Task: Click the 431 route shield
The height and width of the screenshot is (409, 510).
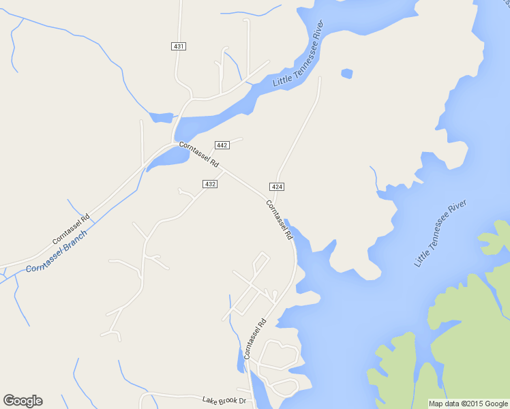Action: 179,46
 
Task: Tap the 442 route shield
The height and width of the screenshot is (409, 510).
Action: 222,145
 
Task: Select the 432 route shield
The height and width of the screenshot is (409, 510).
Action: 210,184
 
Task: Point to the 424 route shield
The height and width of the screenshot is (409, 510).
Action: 277,186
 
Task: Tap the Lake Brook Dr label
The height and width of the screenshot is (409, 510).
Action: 223,400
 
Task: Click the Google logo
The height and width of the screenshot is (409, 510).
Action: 22,401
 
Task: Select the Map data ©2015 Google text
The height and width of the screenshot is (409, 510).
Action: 468,404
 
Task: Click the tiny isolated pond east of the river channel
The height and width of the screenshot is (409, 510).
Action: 346,73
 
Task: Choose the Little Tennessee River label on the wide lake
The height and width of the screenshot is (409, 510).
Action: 441,233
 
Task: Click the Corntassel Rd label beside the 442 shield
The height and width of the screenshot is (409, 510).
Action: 198,155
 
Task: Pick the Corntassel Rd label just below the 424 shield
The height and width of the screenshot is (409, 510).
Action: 279,219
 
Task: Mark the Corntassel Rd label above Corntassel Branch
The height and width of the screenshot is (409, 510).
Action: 71,230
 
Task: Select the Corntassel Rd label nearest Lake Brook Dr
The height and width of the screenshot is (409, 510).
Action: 254,339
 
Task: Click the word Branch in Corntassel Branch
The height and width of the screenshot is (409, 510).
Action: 75,241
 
